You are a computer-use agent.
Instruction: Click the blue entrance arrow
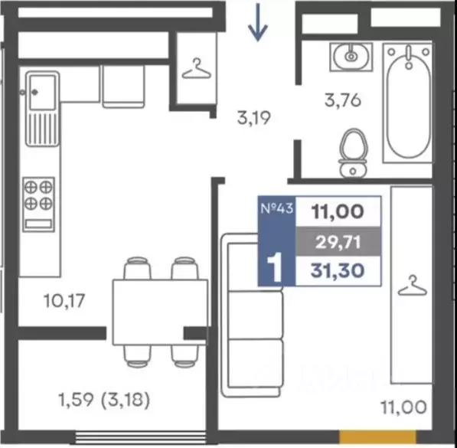pyautogui.click(x=258, y=22)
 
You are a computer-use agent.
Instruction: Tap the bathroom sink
pyautogui.click(x=351, y=57)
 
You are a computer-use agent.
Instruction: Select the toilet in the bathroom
pyautogui.click(x=353, y=153)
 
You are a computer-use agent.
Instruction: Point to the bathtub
pyautogui.click(x=408, y=102)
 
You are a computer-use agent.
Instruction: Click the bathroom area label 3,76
pyautogui.click(x=343, y=100)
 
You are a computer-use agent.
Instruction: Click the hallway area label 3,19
pyautogui.click(x=254, y=118)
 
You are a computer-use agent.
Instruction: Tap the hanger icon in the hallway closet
pyautogui.click(x=197, y=69)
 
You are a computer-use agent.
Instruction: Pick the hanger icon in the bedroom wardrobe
pyautogui.click(x=413, y=286)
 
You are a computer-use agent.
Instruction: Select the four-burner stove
pyautogui.click(x=39, y=204)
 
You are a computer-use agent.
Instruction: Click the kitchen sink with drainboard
pyautogui.click(x=43, y=109)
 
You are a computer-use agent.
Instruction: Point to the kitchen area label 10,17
pyautogui.click(x=64, y=301)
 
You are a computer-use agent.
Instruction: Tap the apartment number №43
pyautogui.click(x=276, y=209)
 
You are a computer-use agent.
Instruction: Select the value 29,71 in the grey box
pyautogui.click(x=338, y=242)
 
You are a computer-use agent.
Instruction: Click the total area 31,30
pyautogui.click(x=338, y=270)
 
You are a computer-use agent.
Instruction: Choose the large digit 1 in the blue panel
pyautogui.click(x=275, y=267)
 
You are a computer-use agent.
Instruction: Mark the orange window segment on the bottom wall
pyautogui.click(x=378, y=437)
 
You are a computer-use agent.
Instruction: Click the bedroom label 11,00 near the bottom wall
pyautogui.click(x=404, y=407)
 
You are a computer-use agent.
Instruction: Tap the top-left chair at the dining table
pyautogui.click(x=137, y=268)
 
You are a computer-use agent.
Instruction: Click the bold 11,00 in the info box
pyautogui.click(x=338, y=211)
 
